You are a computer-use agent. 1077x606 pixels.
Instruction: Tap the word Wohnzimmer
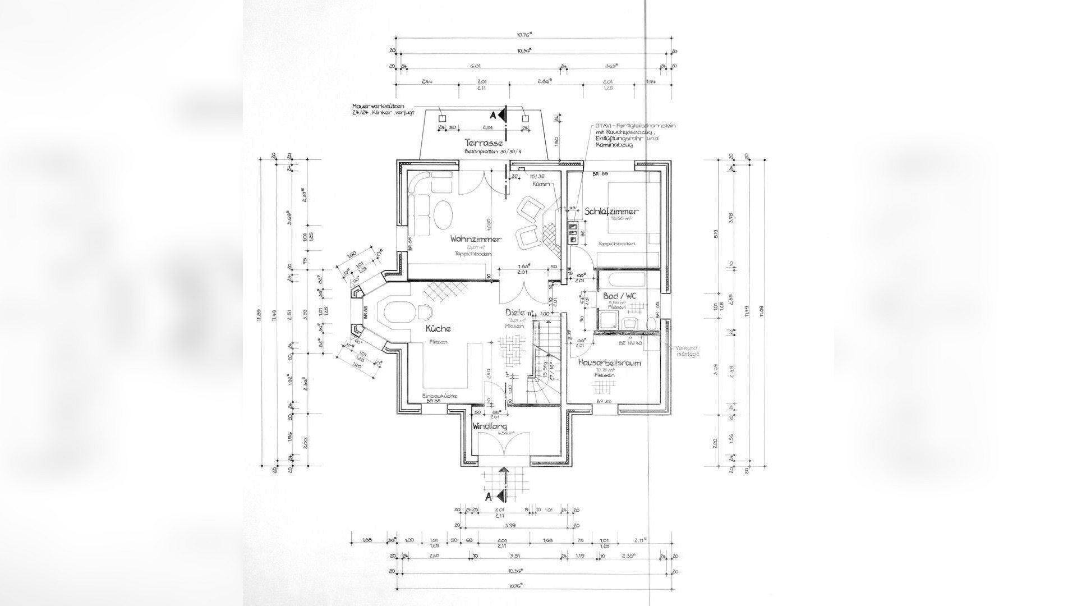pyautogui.click(x=475, y=239)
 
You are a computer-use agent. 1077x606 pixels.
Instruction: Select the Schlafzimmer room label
pyautogui.click(x=611, y=212)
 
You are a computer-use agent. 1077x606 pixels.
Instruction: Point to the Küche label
pyautogui.click(x=438, y=329)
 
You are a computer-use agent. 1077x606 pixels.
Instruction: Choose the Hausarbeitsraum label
pyautogui.click(x=609, y=363)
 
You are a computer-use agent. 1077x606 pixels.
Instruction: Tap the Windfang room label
pyautogui.click(x=489, y=426)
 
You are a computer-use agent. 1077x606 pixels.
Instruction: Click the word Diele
pyautogui.click(x=514, y=313)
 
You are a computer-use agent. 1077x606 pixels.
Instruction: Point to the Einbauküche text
pyautogui.click(x=440, y=396)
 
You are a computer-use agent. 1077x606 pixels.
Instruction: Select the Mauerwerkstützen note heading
pyautogui.click(x=378, y=105)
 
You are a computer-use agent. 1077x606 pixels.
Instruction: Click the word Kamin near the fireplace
pyautogui.click(x=541, y=183)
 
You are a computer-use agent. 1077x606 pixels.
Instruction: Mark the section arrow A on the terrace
pyautogui.click(x=500, y=116)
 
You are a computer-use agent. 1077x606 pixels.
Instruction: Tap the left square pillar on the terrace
pyautogui.click(x=441, y=118)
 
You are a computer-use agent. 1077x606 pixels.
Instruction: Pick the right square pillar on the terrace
pyautogui.click(x=525, y=118)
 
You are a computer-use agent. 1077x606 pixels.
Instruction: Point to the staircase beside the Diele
pyautogui.click(x=545, y=359)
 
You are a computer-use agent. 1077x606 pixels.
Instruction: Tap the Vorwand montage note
pyautogui.click(x=688, y=350)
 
